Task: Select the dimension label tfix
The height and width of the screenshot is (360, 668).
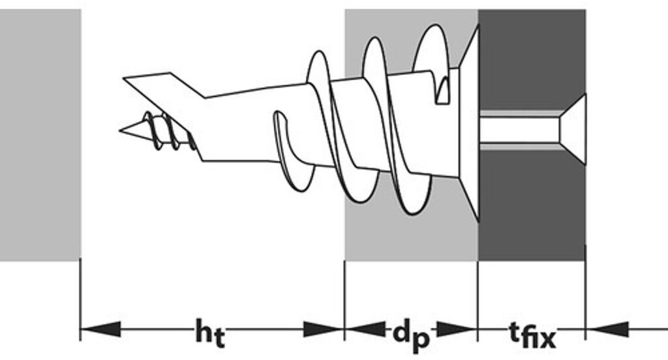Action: click(x=531, y=333)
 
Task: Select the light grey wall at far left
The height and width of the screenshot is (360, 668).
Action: click(x=39, y=130)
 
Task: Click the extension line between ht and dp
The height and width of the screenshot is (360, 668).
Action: click(x=344, y=300)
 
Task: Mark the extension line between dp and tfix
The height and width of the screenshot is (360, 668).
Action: click(x=478, y=300)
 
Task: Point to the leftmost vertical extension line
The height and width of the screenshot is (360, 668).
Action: click(x=80, y=300)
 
